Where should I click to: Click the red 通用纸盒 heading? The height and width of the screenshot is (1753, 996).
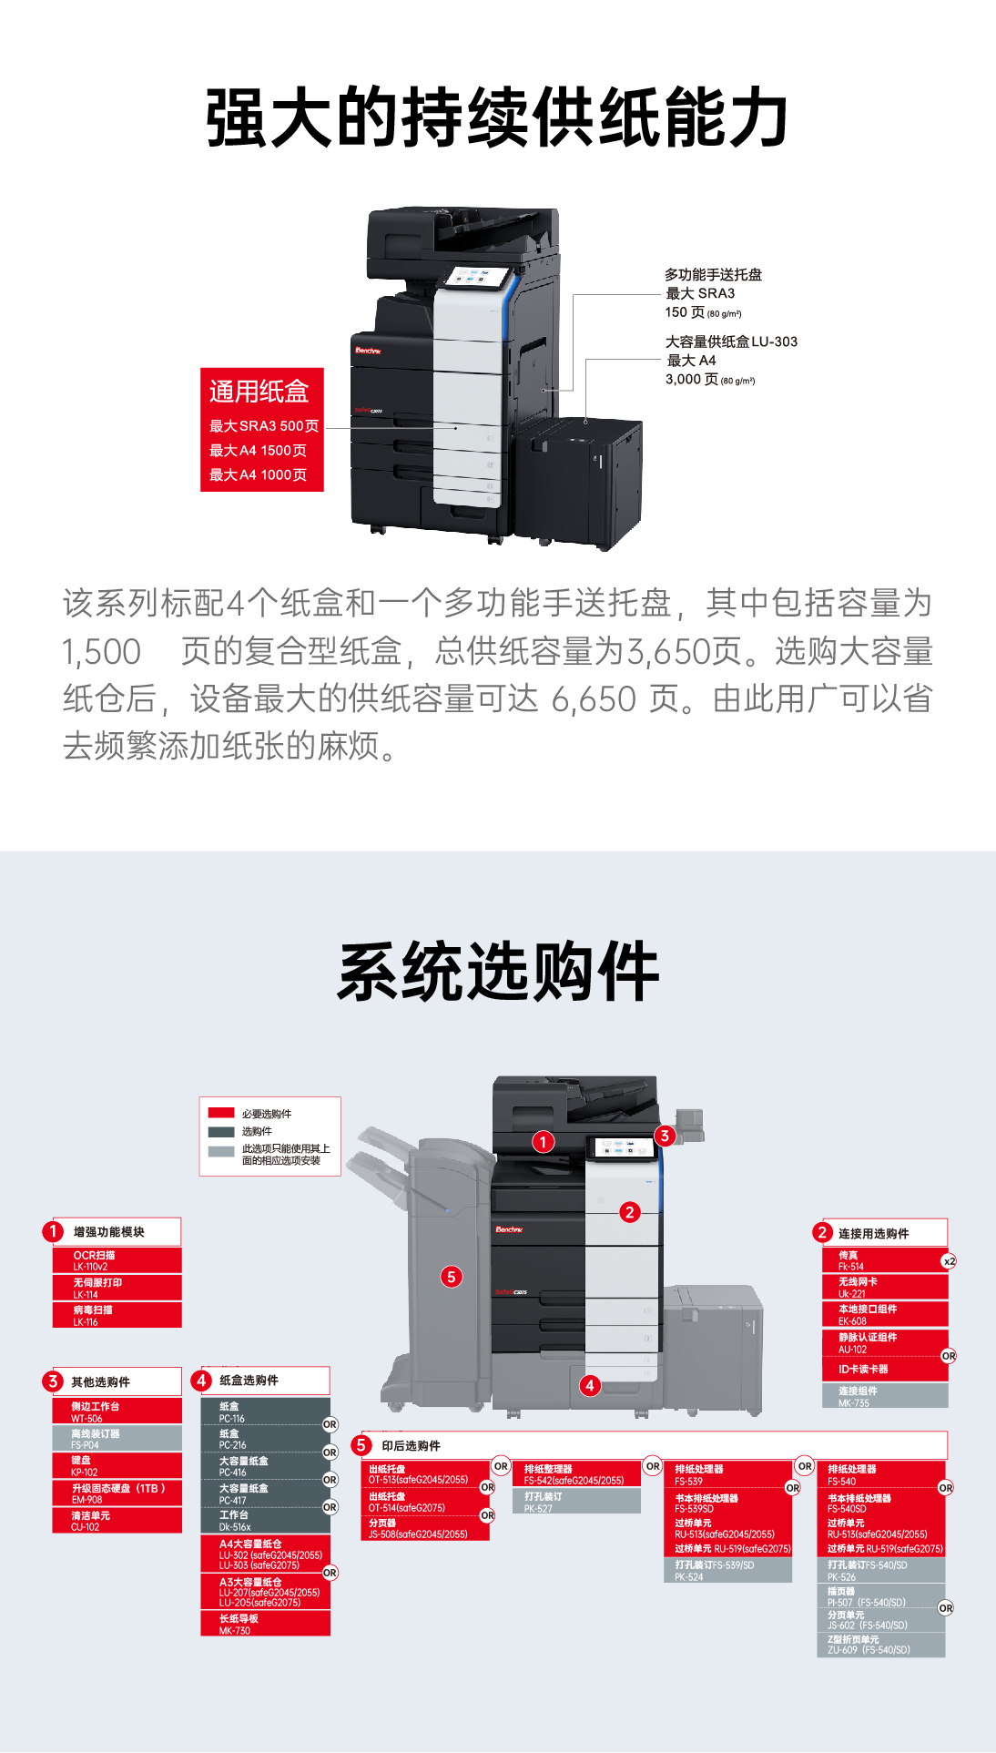click(x=259, y=392)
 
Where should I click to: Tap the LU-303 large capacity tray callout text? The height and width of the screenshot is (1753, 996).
click(x=731, y=342)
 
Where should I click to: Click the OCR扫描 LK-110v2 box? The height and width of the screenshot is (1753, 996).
click(x=117, y=1260)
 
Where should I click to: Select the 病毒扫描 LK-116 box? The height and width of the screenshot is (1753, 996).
click(x=117, y=1315)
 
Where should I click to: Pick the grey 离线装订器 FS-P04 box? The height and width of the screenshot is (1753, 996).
click(x=117, y=1439)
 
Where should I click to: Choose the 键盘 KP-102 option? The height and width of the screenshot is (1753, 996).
click(x=117, y=1465)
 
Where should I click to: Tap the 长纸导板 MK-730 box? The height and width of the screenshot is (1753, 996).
click(x=265, y=1624)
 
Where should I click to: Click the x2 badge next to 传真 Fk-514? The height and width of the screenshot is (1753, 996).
click(x=949, y=1261)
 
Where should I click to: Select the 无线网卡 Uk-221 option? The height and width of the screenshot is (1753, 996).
click(x=883, y=1287)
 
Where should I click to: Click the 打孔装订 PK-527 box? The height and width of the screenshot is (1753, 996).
click(x=576, y=1502)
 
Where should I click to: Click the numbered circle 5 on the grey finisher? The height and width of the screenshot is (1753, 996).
click(x=452, y=1277)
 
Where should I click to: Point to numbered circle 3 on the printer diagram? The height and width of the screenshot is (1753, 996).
click(x=665, y=1136)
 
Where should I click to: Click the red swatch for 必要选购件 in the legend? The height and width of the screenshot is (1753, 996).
click(x=221, y=1113)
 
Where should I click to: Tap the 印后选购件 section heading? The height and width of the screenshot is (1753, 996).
click(x=411, y=1445)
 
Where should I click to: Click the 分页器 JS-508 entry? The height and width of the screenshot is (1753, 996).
click(x=424, y=1528)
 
